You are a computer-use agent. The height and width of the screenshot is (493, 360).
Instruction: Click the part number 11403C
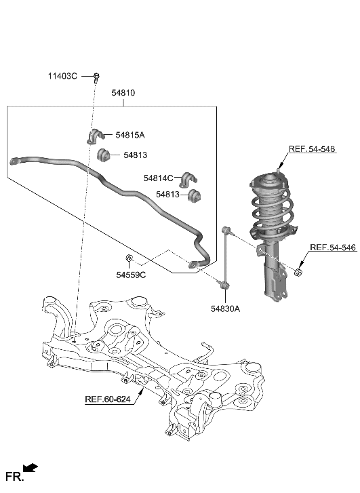pos(63,76)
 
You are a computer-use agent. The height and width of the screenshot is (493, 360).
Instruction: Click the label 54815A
pos(130,135)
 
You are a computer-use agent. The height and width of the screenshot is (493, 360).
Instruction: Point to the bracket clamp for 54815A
pos(94,136)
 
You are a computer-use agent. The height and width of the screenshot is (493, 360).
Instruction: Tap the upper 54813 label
pos(136,155)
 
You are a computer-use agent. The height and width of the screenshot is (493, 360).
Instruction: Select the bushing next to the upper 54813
pos(104,156)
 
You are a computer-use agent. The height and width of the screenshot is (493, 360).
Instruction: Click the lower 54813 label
pos(167,195)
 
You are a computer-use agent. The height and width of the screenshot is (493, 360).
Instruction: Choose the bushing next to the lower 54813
pos(197,196)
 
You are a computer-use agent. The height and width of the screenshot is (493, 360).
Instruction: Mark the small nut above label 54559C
pos(129,258)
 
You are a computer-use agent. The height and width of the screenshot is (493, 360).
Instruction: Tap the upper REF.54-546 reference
pos(312,149)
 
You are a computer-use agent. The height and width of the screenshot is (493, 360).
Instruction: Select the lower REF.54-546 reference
pos(333,248)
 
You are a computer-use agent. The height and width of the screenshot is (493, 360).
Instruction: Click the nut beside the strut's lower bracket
pos(298,273)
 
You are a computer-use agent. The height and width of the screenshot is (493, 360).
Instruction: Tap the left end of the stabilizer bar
pos(14,161)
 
